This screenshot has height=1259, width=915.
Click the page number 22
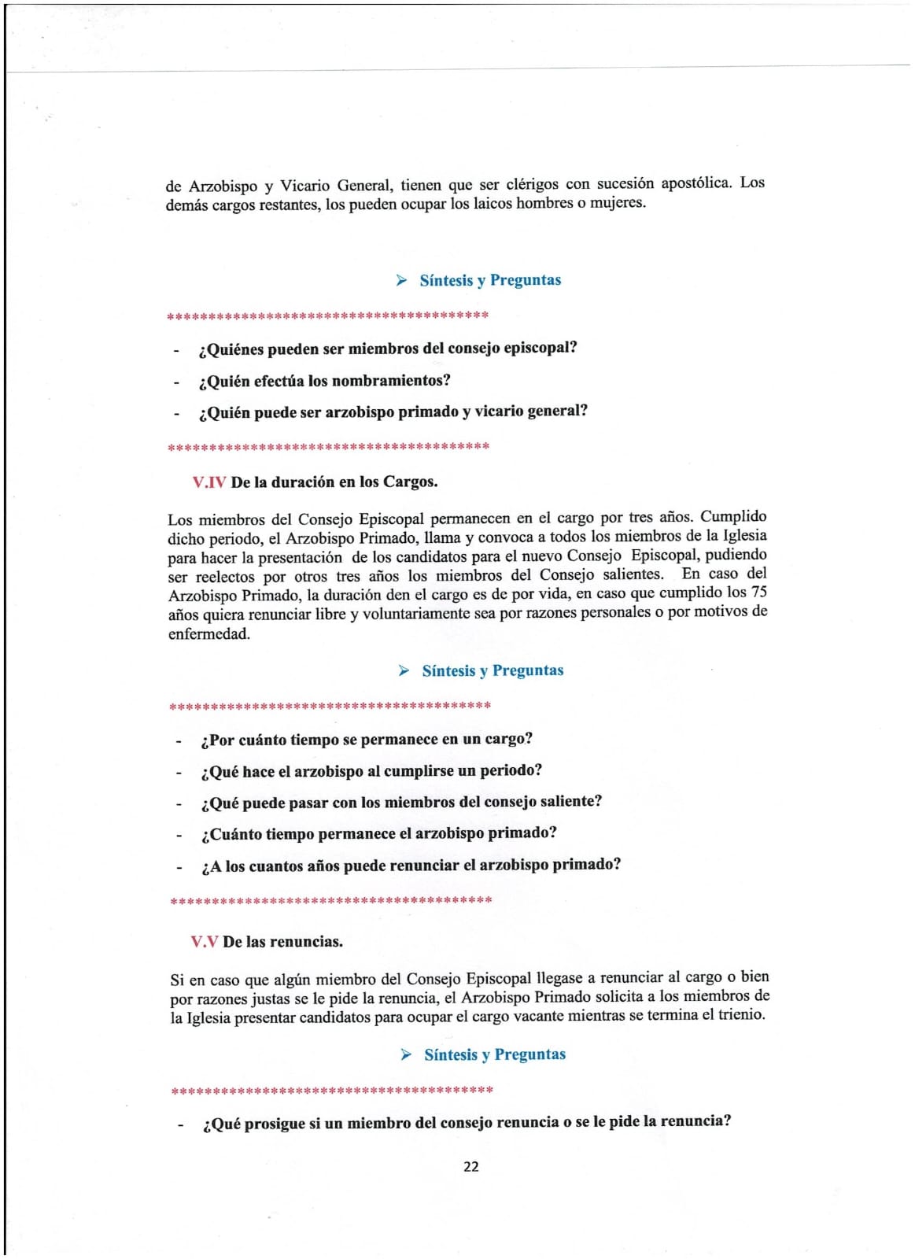point(470,1166)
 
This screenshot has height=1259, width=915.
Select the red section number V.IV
point(208,482)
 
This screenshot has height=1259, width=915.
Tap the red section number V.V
point(204,942)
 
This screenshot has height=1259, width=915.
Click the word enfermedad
point(208,634)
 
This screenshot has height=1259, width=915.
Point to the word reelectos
point(225,577)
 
